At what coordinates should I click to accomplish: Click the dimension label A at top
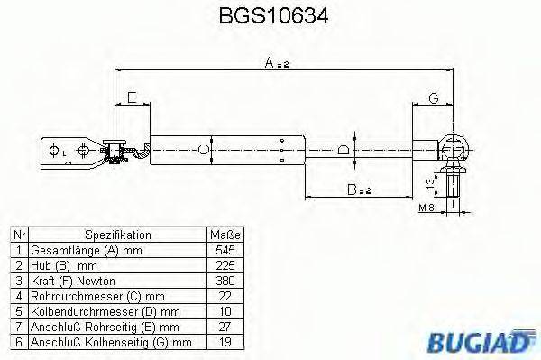click(x=269, y=62)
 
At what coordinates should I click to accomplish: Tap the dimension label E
click(x=132, y=97)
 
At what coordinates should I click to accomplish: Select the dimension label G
click(x=434, y=97)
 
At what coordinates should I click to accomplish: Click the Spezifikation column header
click(x=117, y=234)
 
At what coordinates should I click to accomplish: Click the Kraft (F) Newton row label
click(x=76, y=280)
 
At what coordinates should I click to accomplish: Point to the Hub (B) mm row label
click(x=63, y=264)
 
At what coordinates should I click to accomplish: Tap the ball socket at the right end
click(x=457, y=144)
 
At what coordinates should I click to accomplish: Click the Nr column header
click(x=17, y=234)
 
